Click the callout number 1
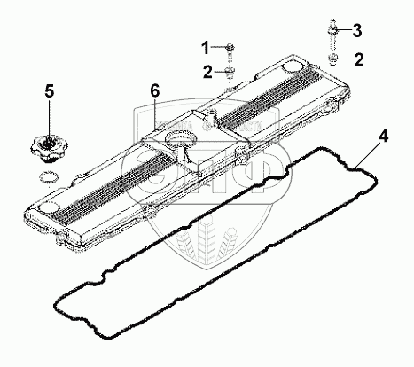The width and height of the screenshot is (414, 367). pos(206,48)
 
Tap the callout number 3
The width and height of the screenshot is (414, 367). pos(357,30)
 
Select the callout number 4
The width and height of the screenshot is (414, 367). pos(383,137)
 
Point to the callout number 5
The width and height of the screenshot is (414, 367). pos(50,91)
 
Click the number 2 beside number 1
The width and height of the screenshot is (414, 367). pos(207,72)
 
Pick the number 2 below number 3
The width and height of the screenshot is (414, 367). pos(359,59)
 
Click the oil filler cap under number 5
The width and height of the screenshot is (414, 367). pos(49,148)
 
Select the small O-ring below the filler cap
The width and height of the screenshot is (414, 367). pos(49,178)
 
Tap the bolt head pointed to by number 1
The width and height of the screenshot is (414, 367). pos(230,46)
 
